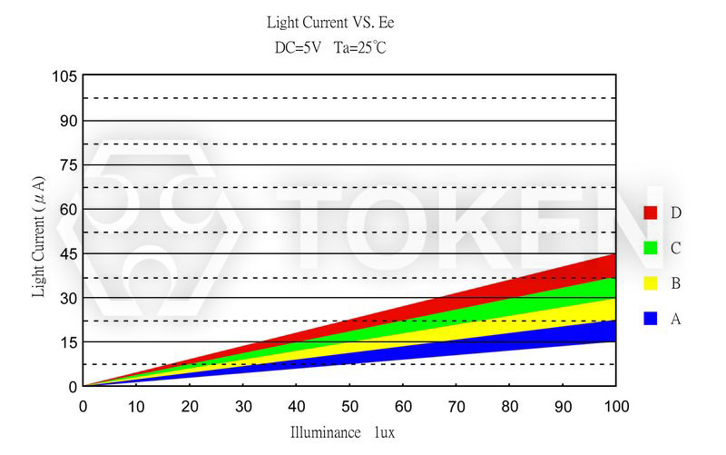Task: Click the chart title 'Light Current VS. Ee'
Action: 330,21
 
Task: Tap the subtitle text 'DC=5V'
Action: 296,48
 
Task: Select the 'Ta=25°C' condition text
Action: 360,48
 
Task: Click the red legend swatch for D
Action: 650,213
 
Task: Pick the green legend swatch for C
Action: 650,248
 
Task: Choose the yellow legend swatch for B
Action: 650,283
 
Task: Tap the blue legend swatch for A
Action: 650,319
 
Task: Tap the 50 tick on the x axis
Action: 349,405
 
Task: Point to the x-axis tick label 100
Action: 616,405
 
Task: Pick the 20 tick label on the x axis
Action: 190,405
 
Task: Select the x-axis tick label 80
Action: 509,405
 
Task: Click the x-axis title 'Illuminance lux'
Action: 342,433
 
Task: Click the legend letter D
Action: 676,213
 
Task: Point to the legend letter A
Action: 676,319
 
